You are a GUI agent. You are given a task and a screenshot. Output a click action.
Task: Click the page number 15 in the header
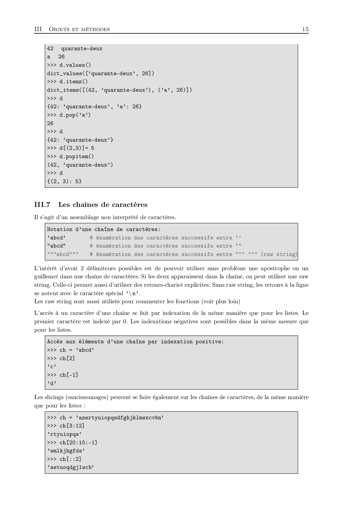point(305,29)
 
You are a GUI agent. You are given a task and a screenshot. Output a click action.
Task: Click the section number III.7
point(42,205)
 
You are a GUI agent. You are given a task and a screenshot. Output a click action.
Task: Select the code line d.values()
point(75,65)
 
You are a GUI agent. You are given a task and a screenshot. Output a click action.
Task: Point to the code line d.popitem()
point(77,156)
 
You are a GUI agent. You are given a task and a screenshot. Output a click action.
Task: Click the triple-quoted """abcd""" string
point(63,254)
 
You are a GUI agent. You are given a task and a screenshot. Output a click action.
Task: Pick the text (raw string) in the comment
point(279,254)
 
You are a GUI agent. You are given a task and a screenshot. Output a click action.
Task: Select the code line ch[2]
point(67,358)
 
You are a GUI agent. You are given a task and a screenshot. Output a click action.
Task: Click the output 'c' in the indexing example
point(52,367)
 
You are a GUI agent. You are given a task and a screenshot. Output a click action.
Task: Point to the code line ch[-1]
point(69,375)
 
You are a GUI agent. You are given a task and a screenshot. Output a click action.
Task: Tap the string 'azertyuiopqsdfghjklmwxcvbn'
point(120,418)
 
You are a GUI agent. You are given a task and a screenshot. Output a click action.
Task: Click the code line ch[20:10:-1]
point(78,443)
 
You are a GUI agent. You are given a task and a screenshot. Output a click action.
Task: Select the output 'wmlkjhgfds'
point(66,451)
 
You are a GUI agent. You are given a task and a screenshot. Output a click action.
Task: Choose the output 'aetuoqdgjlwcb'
point(71,467)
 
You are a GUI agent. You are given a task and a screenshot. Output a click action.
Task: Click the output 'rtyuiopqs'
point(64,434)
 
